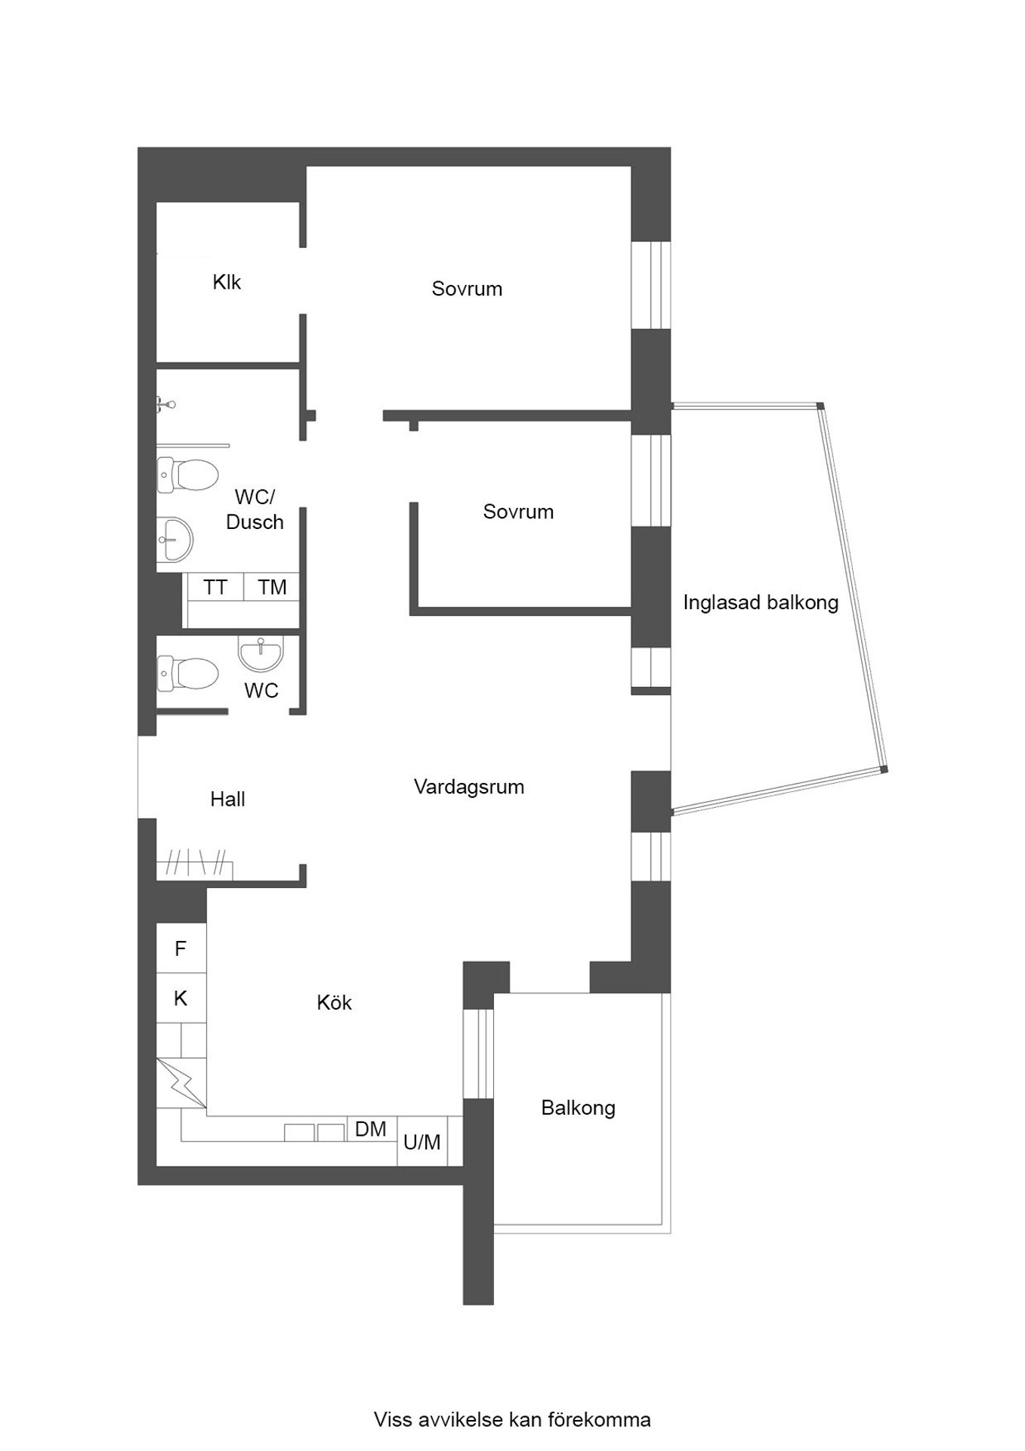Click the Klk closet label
pos(227,282)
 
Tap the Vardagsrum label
pos(469,787)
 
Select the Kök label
pos(334,1002)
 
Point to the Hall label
pos(227,799)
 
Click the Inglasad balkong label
pos(761,602)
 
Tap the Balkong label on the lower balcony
pos(579,1108)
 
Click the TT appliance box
pos(215,587)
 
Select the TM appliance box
pos(272,587)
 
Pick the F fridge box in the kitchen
pos(181,948)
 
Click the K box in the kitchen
pos(181,998)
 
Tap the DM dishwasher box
pos(371,1129)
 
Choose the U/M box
pos(421,1141)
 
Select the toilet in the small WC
pos(187,673)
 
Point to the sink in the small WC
pos(261,652)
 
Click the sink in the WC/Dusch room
pos(174,540)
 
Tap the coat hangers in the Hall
pos(195,862)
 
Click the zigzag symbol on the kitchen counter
pos(181,1083)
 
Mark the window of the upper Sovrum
pos(650,285)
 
